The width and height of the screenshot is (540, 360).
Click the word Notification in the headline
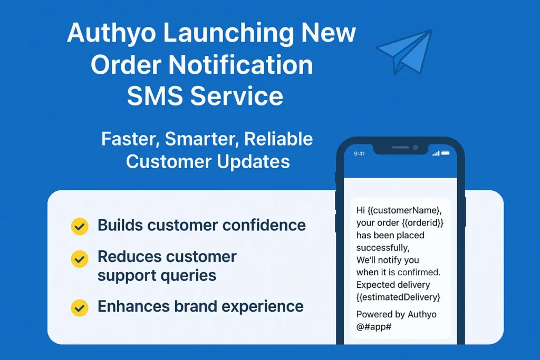240,64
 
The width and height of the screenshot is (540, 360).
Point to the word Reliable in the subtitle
278,139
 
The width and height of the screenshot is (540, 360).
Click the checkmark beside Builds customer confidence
80,227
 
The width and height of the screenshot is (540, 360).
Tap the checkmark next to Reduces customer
80,259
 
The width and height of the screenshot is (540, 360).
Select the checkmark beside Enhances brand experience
80,308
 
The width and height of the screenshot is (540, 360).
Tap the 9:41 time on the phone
359,153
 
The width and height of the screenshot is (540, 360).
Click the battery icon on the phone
445,153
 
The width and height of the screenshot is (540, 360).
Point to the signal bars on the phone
436,153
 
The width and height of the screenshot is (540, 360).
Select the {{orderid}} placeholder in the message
422,222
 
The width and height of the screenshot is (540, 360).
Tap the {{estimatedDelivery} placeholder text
399,297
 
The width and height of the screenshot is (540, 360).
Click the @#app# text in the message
374,327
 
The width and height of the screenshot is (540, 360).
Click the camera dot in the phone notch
416,147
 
